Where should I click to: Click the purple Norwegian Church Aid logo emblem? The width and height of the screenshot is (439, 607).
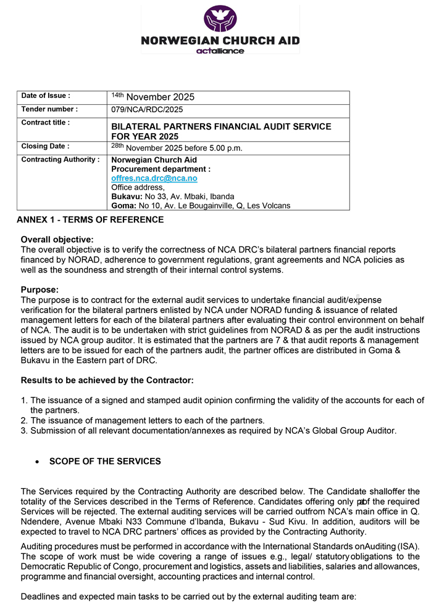(x=220, y=18)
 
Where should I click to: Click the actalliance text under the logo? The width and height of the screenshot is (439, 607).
(x=220, y=51)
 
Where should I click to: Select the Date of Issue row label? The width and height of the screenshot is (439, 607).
(x=46, y=96)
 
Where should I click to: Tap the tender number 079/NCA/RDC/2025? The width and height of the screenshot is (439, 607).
(x=147, y=110)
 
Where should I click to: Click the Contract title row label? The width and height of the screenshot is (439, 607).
(x=45, y=123)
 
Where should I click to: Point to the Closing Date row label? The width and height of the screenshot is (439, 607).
(x=45, y=147)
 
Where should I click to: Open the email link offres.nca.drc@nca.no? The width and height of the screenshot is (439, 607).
(x=154, y=178)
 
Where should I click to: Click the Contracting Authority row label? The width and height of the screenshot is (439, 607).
(x=60, y=160)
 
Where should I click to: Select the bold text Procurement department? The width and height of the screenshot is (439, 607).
(x=161, y=169)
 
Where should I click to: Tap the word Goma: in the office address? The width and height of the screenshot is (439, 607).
(x=123, y=205)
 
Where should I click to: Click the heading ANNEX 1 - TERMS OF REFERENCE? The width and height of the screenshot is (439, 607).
(x=90, y=220)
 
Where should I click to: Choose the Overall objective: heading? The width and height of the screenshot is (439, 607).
(x=57, y=239)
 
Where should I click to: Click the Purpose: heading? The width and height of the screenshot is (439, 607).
(x=40, y=289)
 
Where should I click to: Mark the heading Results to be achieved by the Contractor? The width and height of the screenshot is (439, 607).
(x=107, y=380)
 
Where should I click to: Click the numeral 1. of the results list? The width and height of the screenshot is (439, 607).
(x=25, y=401)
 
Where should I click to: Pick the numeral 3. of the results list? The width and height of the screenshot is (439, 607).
(x=25, y=430)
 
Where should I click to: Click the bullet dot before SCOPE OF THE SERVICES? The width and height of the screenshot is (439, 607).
(x=38, y=462)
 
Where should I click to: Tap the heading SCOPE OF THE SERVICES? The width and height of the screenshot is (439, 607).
(x=105, y=462)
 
